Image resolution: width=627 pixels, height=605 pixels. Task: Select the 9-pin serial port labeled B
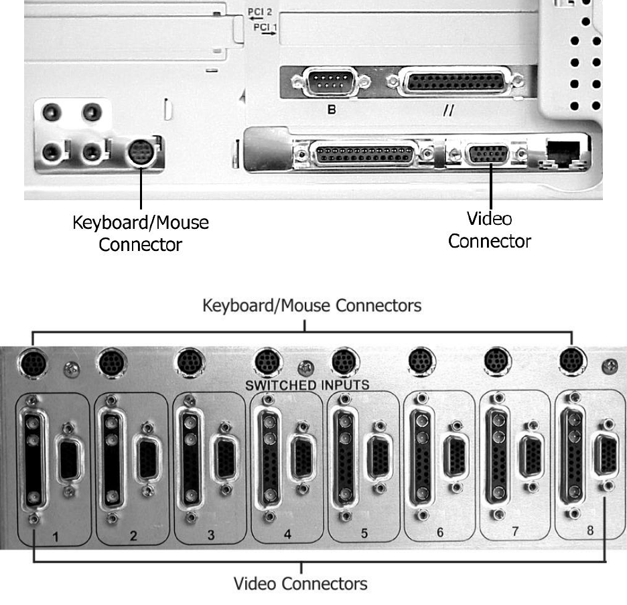(331, 84)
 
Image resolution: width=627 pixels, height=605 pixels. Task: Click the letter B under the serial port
(331, 110)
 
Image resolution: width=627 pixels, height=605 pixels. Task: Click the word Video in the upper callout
(489, 219)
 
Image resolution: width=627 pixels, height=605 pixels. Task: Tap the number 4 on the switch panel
(287, 534)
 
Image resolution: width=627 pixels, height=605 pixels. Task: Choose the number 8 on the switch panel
(590, 530)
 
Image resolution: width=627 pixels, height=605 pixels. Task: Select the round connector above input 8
(571, 359)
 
